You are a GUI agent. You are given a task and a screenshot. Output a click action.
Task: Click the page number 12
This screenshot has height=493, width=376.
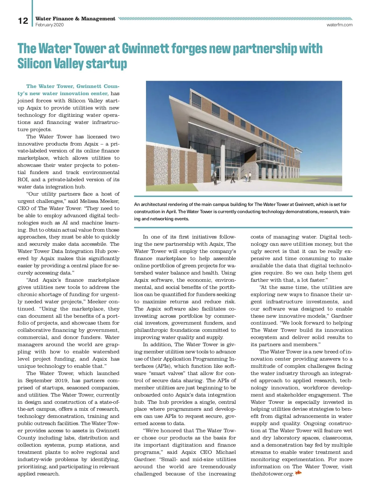pos(23,21)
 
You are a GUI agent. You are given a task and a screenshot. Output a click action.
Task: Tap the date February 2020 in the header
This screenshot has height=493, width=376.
pos(50,25)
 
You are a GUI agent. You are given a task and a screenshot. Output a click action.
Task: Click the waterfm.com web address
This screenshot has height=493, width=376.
pos(339,25)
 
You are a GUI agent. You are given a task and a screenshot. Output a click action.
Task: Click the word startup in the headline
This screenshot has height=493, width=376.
pos(107,64)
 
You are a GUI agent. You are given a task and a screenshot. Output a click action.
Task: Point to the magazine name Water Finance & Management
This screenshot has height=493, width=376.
pos(75,19)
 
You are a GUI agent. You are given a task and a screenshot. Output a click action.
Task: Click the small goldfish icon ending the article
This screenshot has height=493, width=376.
pos(298,473)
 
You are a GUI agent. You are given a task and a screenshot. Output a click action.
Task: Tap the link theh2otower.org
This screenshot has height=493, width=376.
pos(272,474)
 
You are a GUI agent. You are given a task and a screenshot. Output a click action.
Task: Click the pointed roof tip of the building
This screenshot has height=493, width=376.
pos(192,89)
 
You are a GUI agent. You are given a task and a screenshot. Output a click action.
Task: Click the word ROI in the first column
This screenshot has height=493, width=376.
pos(23,180)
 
